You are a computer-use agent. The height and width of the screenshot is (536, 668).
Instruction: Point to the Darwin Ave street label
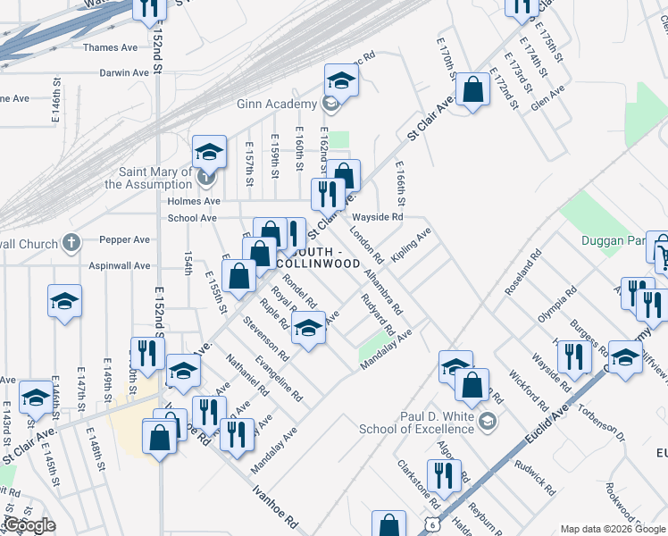click(110, 71)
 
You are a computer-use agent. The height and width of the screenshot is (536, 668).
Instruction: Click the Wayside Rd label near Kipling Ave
click(378, 217)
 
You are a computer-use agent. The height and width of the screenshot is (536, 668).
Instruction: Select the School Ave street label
click(192, 217)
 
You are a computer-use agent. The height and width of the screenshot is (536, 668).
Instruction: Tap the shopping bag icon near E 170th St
click(472, 90)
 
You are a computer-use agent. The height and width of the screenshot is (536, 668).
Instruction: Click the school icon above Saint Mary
click(209, 153)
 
